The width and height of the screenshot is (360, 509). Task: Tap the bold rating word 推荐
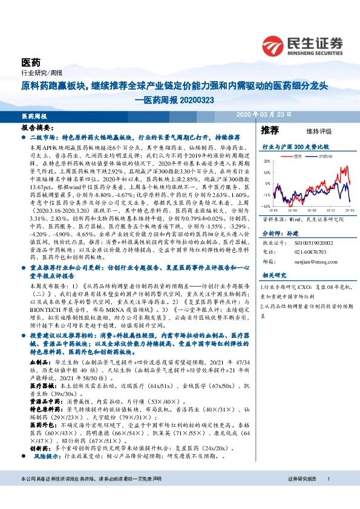coord(270,131)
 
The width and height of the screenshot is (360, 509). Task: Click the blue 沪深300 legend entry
coord(324,155)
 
